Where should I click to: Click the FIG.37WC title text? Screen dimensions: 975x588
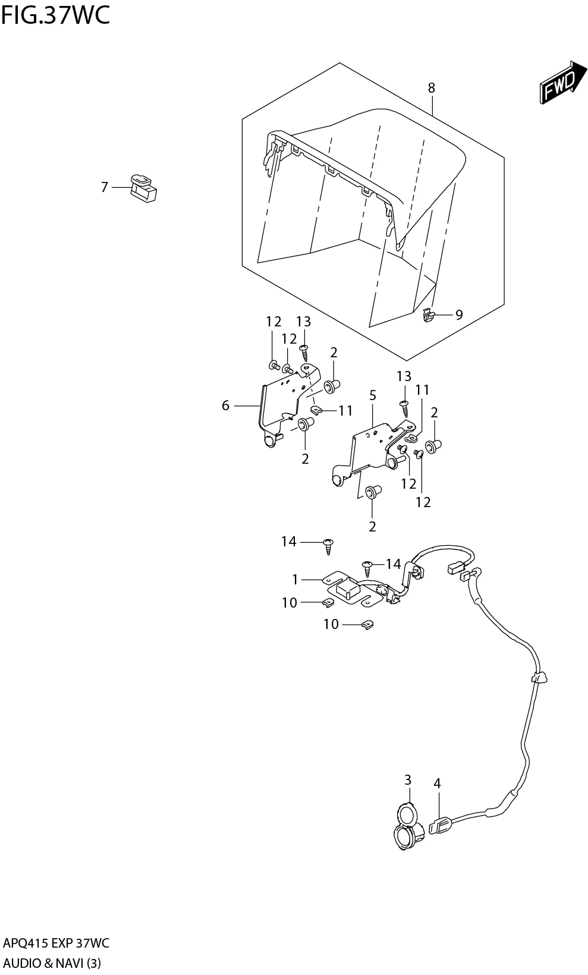pyautogui.click(x=55, y=15)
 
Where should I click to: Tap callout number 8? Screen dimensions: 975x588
pyautogui.click(x=431, y=88)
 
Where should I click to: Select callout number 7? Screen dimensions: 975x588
pyautogui.click(x=105, y=187)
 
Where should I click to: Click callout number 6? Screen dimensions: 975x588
pyautogui.click(x=225, y=405)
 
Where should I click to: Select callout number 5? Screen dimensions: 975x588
pyautogui.click(x=373, y=395)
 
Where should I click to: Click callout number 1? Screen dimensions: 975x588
pyautogui.click(x=295, y=579)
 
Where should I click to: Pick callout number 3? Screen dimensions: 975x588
pyautogui.click(x=408, y=779)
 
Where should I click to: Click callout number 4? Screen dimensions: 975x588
pyautogui.click(x=437, y=784)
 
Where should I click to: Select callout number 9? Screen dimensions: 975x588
pyautogui.click(x=458, y=314)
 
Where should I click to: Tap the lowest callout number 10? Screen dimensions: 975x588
pyautogui.click(x=331, y=624)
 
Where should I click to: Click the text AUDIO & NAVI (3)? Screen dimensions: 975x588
pyautogui.click(x=52, y=963)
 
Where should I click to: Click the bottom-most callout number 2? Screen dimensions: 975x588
pyautogui.click(x=373, y=526)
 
